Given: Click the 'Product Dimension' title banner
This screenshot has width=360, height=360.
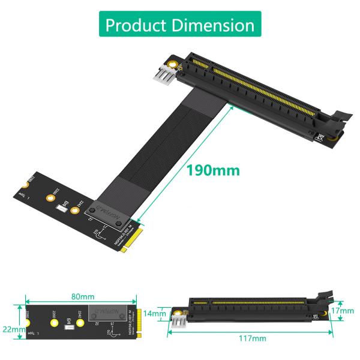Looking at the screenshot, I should [180, 25].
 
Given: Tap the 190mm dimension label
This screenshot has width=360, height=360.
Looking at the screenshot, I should [212, 170].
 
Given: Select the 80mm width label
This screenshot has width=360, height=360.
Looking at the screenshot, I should [82, 296].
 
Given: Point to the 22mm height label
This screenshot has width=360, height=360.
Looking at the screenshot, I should [13, 329].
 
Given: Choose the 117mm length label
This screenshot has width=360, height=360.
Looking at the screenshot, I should [252, 338].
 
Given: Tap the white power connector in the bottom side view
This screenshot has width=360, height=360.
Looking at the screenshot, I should [178, 322].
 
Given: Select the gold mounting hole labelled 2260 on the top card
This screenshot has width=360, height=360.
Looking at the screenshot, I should [47, 197].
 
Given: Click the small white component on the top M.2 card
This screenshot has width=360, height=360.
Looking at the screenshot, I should [61, 209].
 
